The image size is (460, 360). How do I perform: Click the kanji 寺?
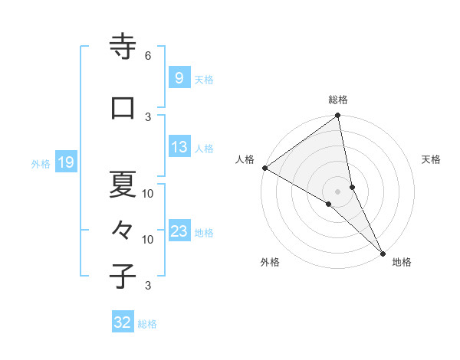click(123, 47)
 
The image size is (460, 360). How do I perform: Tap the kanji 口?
click(123, 108)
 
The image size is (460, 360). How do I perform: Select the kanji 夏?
click(123, 184)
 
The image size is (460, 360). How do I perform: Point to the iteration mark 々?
click(123, 229)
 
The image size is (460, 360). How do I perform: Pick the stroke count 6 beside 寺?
click(148, 56)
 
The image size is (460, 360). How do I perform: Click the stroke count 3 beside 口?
click(148, 116)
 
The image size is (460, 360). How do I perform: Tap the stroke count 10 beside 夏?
click(148, 193)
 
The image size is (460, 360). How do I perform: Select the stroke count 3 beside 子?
click(148, 286)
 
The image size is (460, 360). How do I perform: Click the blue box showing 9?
click(179, 78)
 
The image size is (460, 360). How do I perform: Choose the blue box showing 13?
click(179, 148)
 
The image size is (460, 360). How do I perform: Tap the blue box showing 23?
click(179, 231)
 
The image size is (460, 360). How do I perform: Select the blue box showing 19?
click(65, 162)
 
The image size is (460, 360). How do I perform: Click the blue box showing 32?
click(123, 322)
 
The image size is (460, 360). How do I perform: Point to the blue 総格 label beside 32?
click(147, 324)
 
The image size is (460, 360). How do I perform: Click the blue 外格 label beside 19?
click(40, 164)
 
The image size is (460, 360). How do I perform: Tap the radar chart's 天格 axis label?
click(431, 159)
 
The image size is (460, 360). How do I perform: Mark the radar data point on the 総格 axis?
click(338, 116)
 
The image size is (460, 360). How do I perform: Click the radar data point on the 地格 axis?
click(383, 254)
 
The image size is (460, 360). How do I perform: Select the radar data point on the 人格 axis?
click(264, 168)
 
